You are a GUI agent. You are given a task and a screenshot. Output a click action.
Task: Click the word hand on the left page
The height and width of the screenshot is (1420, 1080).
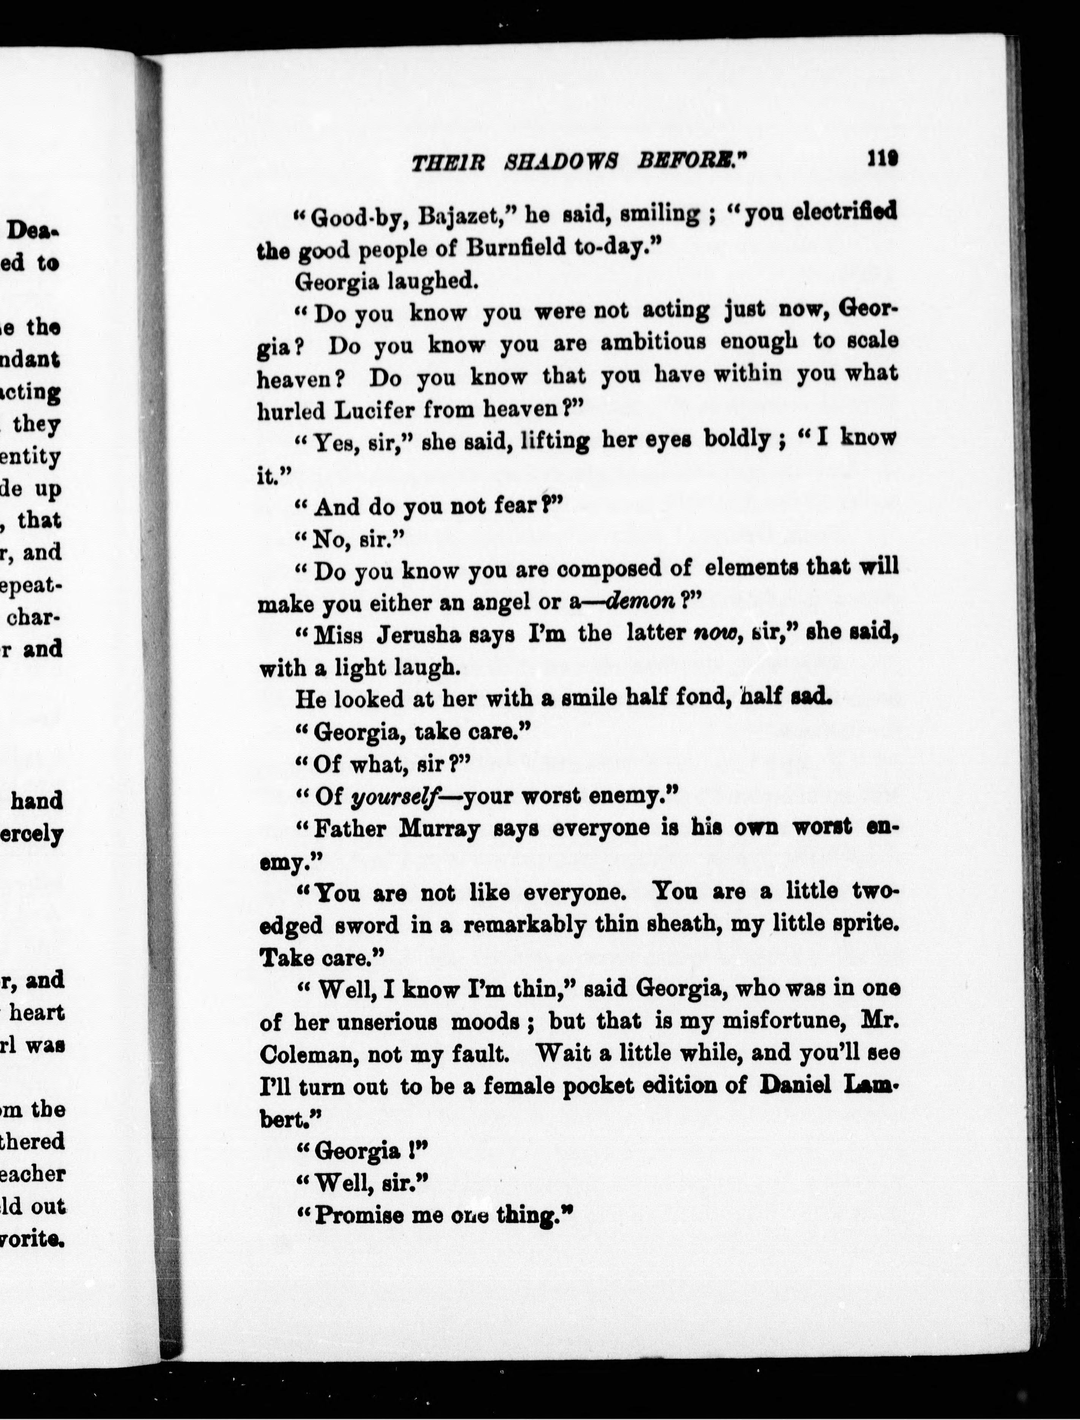pyautogui.click(x=37, y=800)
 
